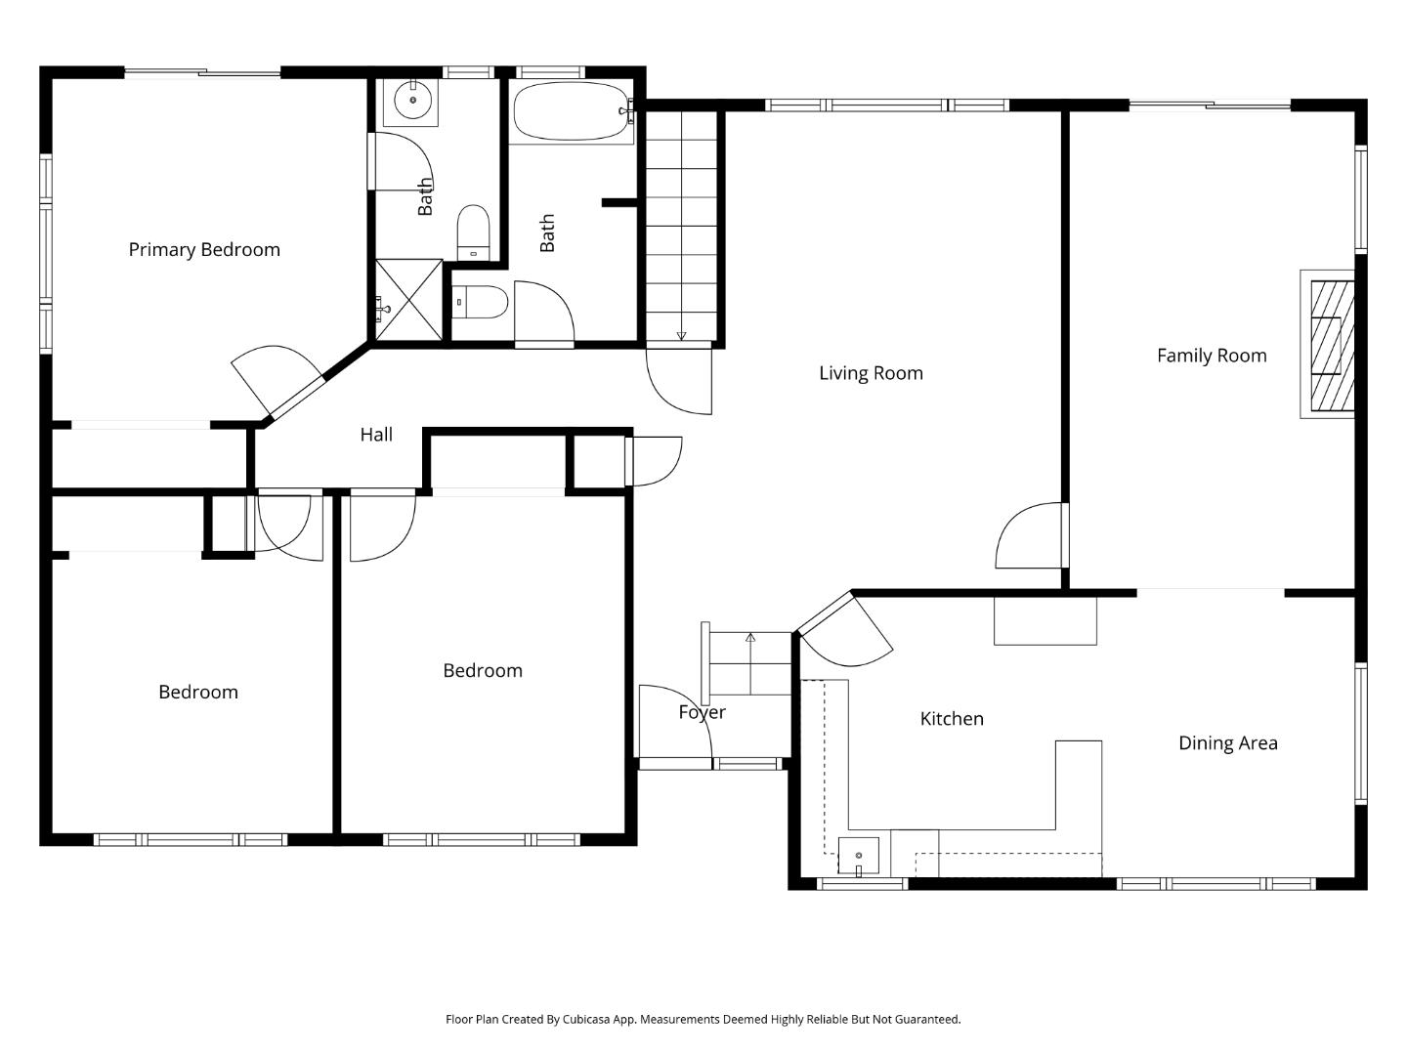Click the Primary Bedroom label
click(x=204, y=250)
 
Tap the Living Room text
click(x=871, y=373)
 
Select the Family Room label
click(x=1212, y=356)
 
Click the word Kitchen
click(x=952, y=719)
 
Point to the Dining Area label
click(x=1227, y=743)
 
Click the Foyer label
click(x=702, y=712)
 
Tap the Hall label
click(x=376, y=435)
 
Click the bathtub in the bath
click(x=571, y=111)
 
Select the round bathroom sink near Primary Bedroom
click(x=412, y=100)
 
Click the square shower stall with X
click(x=409, y=300)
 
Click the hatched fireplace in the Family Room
click(x=1331, y=345)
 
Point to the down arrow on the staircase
click(x=681, y=336)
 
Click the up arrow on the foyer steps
click(x=750, y=638)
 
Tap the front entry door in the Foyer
click(x=674, y=723)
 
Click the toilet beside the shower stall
click(x=481, y=301)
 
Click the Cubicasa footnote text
click(x=703, y=1019)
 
